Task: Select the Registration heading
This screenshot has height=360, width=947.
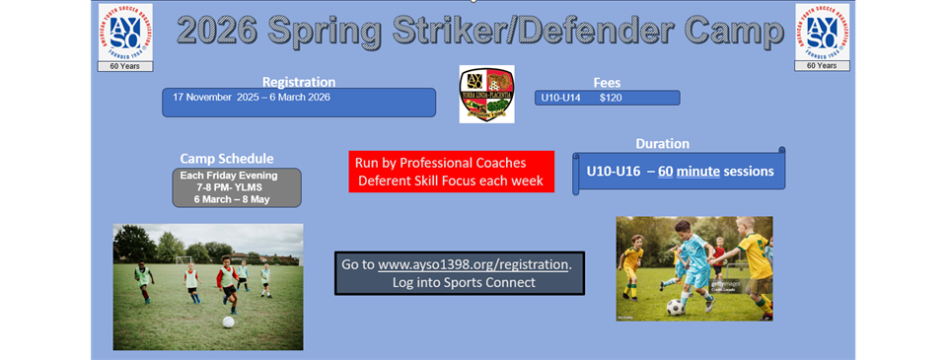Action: pos(299,82)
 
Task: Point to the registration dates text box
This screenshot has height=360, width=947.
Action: pos(299,102)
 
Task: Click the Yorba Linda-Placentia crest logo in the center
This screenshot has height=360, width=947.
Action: pos(486,95)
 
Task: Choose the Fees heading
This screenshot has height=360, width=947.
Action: pos(608,83)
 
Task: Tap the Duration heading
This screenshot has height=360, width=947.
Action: pos(662,143)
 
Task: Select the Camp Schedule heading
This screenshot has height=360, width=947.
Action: pos(227,158)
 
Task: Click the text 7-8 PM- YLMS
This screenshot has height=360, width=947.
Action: pos(236,187)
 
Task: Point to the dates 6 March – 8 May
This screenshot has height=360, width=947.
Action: pos(236,199)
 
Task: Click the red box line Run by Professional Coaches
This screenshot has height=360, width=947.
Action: pos(440,163)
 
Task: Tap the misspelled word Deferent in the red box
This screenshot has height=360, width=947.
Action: pos(387,181)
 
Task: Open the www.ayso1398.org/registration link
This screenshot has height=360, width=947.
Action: pos(473,265)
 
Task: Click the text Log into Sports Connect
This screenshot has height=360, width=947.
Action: pos(458,283)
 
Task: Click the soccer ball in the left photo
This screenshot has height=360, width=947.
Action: pos(228,322)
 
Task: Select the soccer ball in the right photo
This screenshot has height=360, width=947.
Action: pos(675,307)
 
